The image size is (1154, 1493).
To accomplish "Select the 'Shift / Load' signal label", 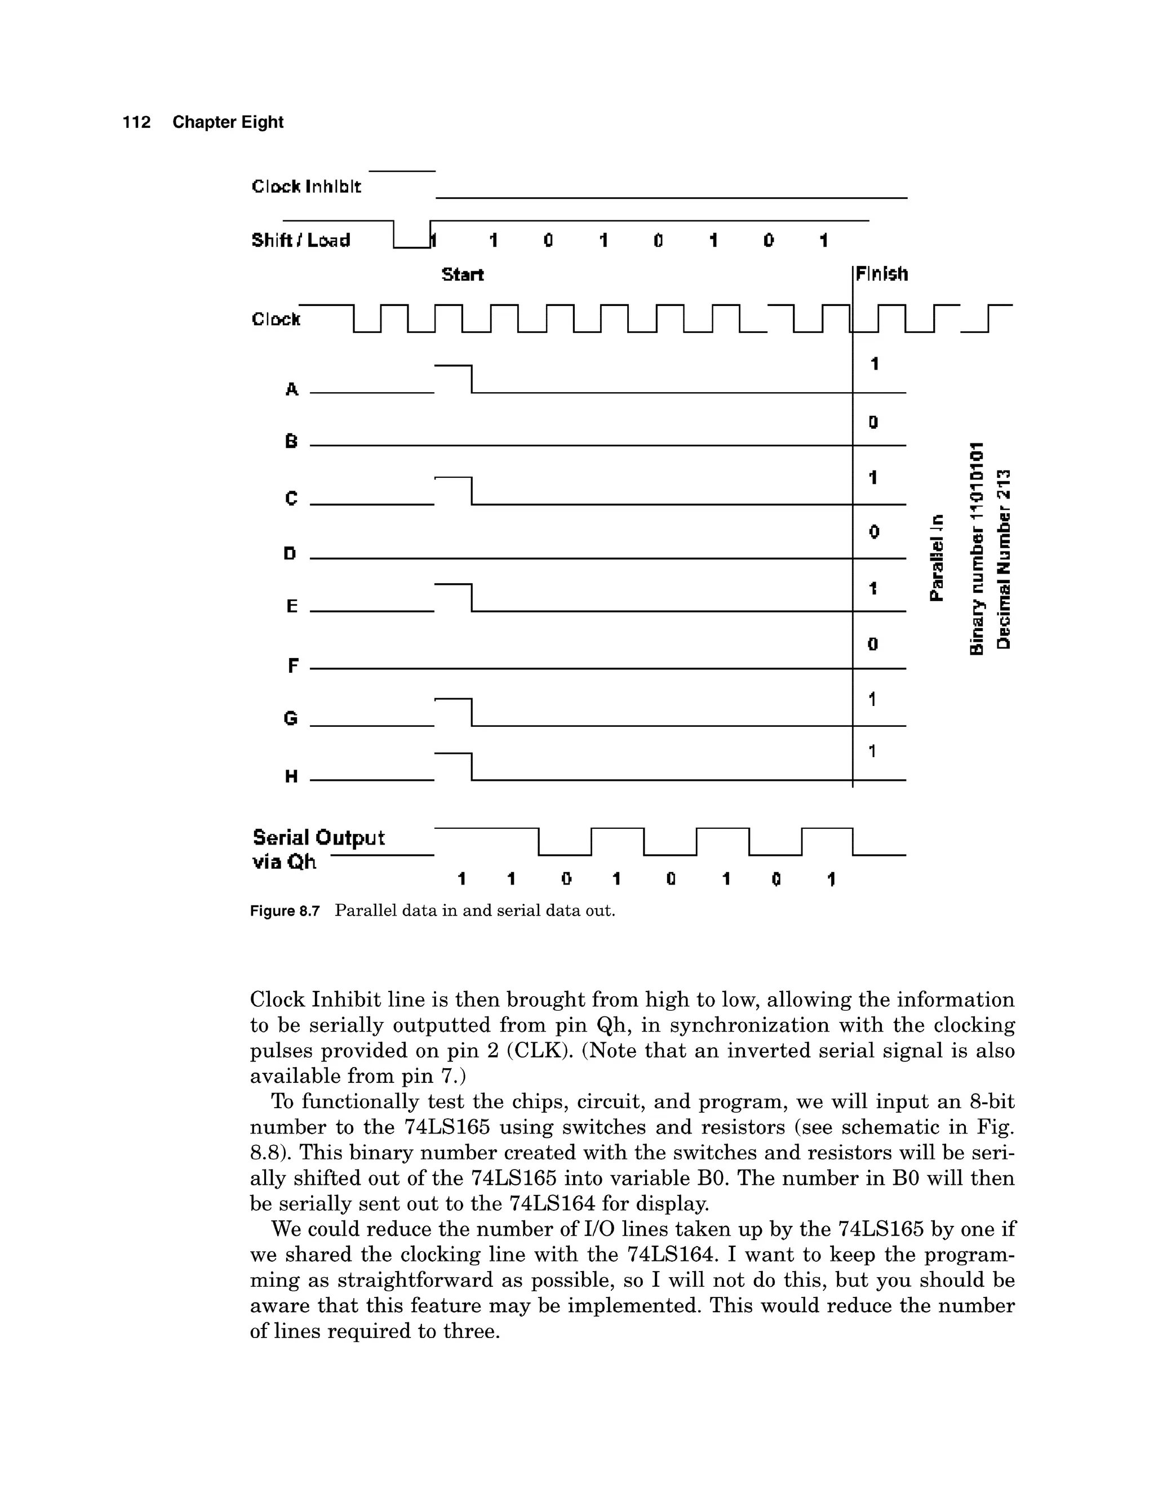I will click(x=301, y=240).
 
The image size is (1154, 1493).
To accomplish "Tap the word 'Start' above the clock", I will click(x=462, y=275).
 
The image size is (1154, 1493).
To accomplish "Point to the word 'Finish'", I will click(x=882, y=274).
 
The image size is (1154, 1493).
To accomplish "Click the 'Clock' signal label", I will click(x=276, y=319).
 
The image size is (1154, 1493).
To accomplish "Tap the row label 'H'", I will click(x=291, y=776).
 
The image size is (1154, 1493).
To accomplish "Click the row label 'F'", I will click(x=292, y=665).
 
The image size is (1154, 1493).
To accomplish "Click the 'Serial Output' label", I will click(x=318, y=838).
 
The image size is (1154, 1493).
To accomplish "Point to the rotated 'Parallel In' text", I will click(x=937, y=557).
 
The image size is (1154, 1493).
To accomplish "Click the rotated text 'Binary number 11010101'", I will click(x=977, y=548).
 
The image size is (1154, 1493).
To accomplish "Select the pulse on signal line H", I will click(x=453, y=765).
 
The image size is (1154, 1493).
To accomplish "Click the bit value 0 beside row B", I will click(x=873, y=423).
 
